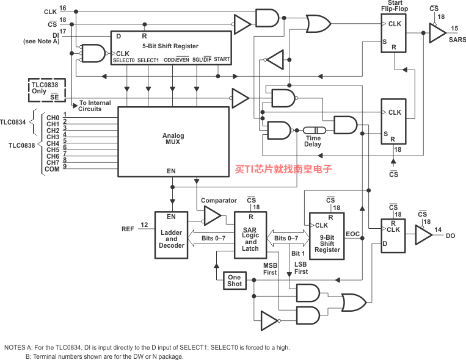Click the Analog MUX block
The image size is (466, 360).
tap(173, 142)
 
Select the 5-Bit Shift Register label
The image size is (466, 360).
tap(170, 46)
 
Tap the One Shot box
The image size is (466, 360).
tap(235, 281)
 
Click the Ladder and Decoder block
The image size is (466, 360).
tap(171, 235)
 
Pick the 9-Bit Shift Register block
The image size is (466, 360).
tap(327, 236)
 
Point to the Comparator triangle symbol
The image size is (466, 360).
tap(213, 215)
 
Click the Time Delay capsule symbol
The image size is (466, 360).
tap(315, 130)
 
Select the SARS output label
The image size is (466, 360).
tap(457, 40)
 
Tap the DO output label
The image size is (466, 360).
tap(450, 236)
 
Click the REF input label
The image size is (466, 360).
tap(128, 229)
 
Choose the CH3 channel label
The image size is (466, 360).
tap(53, 137)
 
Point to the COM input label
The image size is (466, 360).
tap(52, 169)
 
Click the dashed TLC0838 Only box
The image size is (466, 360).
tap(47, 90)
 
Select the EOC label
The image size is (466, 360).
tap(352, 234)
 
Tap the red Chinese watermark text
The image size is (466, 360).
tap(283, 169)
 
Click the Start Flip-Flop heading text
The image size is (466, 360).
tap(395, 6)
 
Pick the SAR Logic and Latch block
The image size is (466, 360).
tap(250, 235)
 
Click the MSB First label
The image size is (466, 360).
tap(270, 269)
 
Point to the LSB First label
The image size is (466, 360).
tap(300, 268)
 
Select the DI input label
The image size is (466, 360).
tap(56, 35)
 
